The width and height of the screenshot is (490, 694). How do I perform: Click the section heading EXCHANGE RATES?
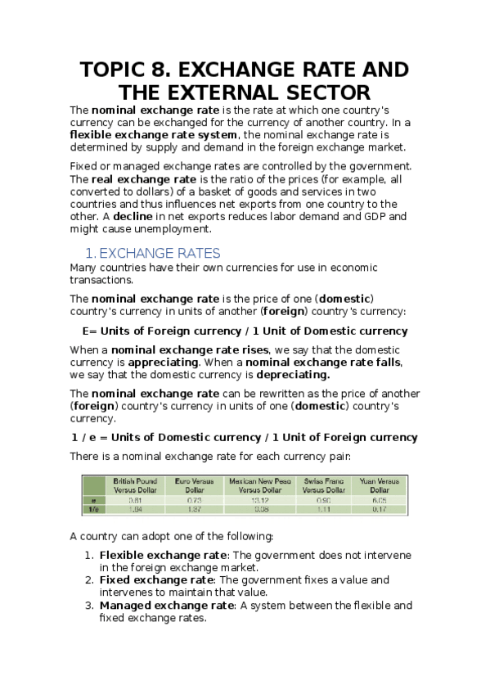tap(171, 253)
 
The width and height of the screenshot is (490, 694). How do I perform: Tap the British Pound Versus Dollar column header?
tap(135, 485)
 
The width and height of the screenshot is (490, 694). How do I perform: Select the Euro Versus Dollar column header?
tap(194, 485)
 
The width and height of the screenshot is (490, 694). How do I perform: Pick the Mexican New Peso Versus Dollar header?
tap(259, 485)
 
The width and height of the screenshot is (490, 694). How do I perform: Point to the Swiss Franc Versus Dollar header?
tap(324, 485)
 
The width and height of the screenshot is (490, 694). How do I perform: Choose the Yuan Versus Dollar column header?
tap(380, 485)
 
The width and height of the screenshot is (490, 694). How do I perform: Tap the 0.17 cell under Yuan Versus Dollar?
tap(380, 508)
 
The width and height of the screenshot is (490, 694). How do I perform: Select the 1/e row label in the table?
tap(94, 508)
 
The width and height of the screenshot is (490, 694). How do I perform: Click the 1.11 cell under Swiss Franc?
tap(324, 508)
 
